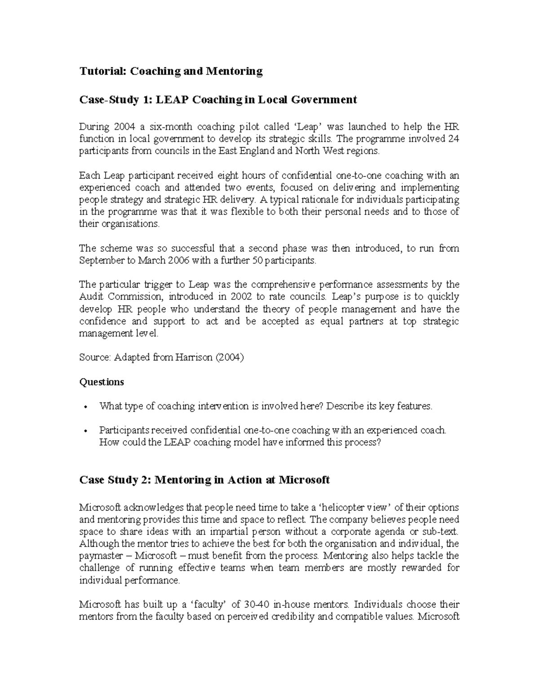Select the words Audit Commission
point(120,297)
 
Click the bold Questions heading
point(102,382)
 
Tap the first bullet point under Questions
point(85,407)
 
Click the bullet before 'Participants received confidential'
point(85,431)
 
